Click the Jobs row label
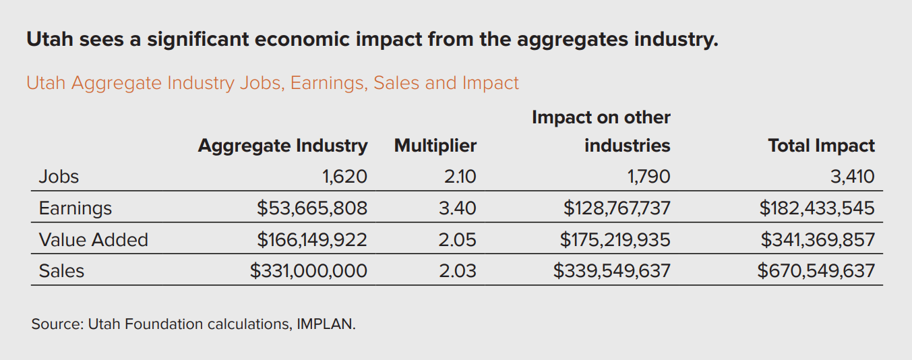59,177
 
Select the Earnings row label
75,208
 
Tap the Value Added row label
93,240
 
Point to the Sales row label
61,271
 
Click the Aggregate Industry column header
282,146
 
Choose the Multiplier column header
435,146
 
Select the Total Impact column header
821,146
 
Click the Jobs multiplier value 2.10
460,177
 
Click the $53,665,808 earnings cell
312,208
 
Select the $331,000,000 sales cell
309,271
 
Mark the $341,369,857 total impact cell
818,240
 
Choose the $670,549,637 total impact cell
816,271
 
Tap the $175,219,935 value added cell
615,240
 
